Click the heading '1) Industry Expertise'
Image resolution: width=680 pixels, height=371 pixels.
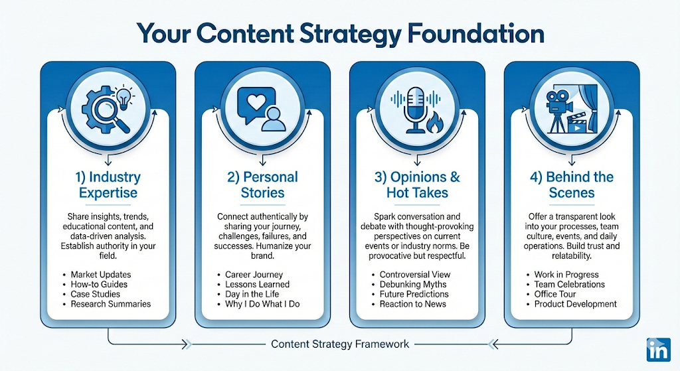point(108,185)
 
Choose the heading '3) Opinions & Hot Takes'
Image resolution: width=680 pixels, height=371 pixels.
point(417,185)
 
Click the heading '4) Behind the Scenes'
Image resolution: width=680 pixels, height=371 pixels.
point(572,185)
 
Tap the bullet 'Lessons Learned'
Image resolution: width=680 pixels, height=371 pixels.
point(257,284)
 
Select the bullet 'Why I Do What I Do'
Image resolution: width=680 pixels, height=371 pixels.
point(262,304)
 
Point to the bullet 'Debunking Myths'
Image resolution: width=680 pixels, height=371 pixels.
point(414,284)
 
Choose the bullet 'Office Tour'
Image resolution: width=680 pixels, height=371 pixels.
point(555,294)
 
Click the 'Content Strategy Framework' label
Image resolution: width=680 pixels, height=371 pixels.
point(340,344)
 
